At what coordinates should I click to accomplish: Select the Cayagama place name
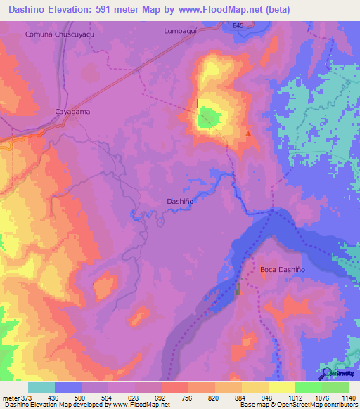click(x=73, y=112)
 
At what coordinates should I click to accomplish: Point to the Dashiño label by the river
click(x=180, y=201)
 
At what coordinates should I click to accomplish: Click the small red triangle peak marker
click(x=248, y=133)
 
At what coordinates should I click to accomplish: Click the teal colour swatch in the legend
click(x=41, y=387)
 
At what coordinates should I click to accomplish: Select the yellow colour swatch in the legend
click(x=281, y=387)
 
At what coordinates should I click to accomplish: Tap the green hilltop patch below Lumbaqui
click(x=206, y=120)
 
